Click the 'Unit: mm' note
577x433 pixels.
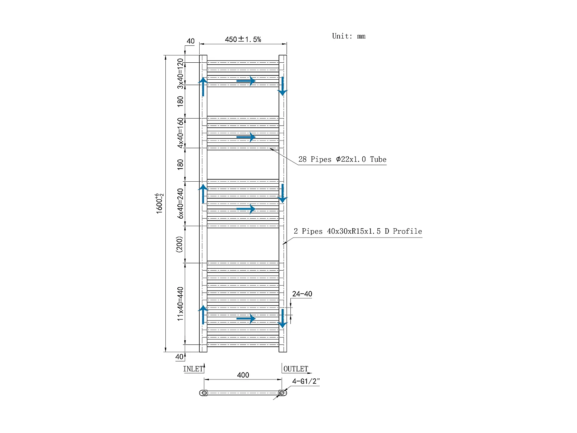[x=349, y=36]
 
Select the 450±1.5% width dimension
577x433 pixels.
[x=243, y=39]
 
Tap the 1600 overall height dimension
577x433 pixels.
[x=159, y=203]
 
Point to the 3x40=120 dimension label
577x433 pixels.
[x=180, y=74]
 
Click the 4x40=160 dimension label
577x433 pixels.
[x=180, y=133]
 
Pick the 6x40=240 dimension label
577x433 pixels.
[x=180, y=204]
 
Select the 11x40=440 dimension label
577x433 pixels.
[x=180, y=304]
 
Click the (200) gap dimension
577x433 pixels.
[x=179, y=244]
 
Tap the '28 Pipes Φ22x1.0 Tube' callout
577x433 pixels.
[x=342, y=159]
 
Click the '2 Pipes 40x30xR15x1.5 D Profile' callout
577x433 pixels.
[x=358, y=231]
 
